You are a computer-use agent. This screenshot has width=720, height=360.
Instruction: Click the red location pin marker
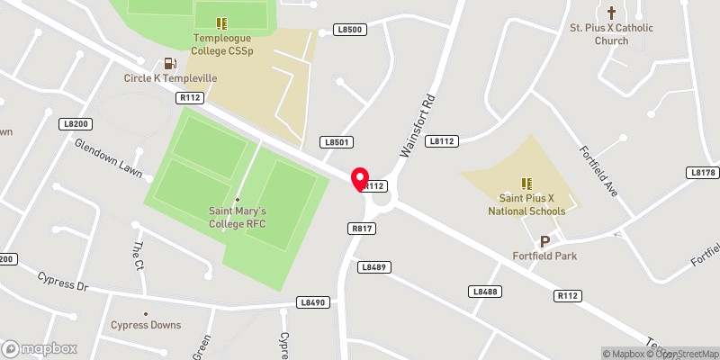[360, 178]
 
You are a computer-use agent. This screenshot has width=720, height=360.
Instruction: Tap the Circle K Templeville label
[171, 78]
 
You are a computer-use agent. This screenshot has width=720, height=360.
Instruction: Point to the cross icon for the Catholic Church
[611, 13]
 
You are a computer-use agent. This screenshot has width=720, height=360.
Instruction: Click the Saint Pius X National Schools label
[526, 203]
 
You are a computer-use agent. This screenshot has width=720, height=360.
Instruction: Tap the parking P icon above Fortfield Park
[544, 241]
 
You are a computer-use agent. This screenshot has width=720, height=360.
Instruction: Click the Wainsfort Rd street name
[418, 127]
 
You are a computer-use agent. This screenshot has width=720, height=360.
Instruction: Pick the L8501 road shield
[336, 142]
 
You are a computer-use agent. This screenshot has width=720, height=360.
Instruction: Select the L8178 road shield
[702, 172]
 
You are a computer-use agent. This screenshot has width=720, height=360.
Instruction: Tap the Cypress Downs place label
[146, 325]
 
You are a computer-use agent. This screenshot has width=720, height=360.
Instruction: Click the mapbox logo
[39, 348]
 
